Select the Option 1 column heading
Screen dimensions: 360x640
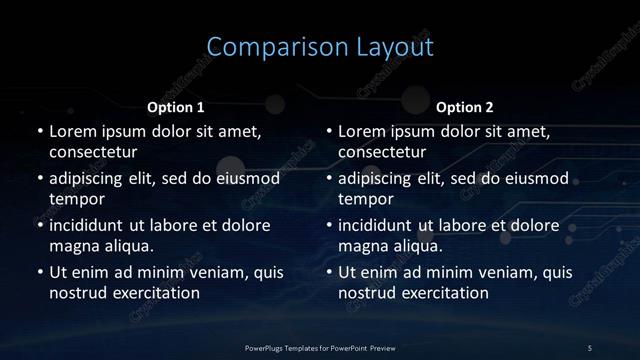point(176,106)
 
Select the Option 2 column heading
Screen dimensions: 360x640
point(465,106)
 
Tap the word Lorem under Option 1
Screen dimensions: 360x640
point(73,131)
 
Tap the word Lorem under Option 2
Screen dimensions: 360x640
point(363,131)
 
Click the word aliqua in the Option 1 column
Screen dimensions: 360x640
point(126,246)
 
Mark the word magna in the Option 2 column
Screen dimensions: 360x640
point(363,246)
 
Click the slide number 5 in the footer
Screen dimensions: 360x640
point(590,347)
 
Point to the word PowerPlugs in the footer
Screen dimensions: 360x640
point(265,347)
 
